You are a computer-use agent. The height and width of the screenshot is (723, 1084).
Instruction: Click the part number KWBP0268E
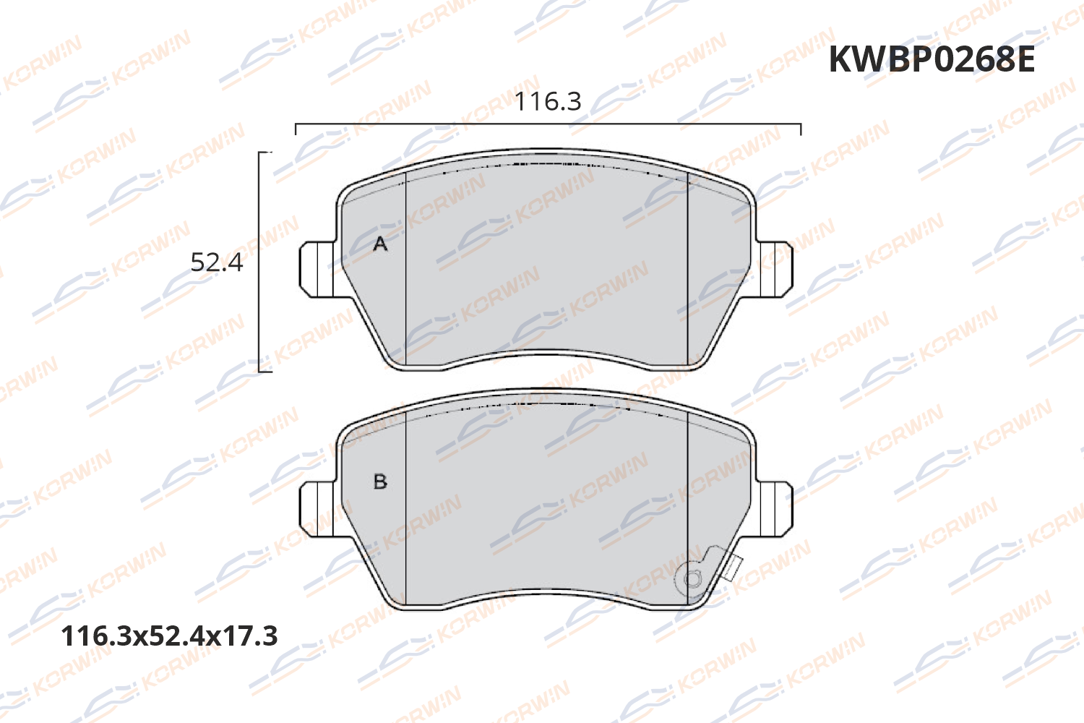point(931,59)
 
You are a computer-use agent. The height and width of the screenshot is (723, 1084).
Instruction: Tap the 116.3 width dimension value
point(548,102)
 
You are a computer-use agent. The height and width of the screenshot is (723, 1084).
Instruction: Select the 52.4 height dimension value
point(217,262)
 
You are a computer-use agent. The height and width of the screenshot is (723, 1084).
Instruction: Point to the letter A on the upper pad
point(380,244)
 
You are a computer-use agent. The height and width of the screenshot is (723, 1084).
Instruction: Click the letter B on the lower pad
point(380,482)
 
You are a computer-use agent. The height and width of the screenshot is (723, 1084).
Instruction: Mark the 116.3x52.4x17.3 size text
point(170,636)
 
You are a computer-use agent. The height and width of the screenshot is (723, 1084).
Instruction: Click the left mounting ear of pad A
point(317,268)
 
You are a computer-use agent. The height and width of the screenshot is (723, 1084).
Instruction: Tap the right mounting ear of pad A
point(775,268)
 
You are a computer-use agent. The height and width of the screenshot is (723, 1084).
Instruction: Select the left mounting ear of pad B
point(317,509)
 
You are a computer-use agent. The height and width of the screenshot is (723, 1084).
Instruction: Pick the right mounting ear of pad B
point(775,509)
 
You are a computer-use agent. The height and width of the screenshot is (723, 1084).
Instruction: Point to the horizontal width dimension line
point(548,124)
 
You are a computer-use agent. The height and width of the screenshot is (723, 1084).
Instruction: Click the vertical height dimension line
point(259,262)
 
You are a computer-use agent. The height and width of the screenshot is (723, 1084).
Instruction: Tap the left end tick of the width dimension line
point(296,129)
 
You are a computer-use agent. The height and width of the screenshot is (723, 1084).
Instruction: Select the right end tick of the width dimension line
point(801,129)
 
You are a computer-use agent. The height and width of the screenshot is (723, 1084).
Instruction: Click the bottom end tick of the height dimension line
point(265,372)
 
